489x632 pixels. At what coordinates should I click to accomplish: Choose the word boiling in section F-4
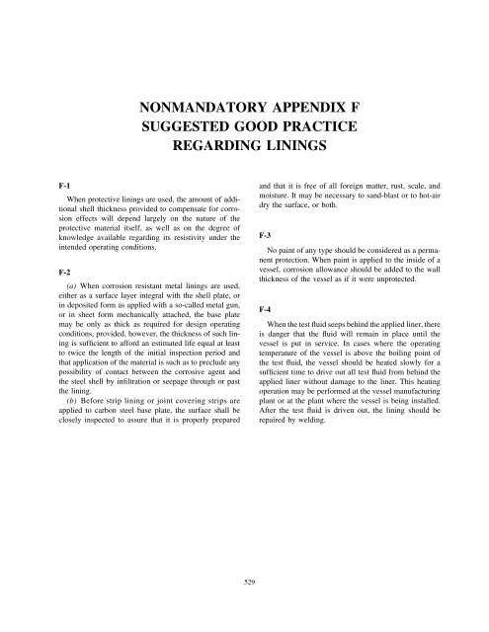pos(393,368)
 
